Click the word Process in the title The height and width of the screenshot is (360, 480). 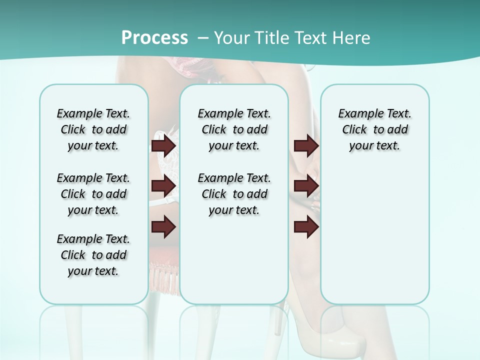154,38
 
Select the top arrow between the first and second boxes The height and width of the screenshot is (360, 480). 163,145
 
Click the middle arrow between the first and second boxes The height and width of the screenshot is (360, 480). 163,186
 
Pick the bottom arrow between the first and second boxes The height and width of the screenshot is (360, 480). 163,227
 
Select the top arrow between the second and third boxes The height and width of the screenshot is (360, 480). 306,145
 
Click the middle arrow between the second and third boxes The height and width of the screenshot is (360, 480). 306,186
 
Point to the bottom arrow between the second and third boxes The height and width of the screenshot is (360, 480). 306,227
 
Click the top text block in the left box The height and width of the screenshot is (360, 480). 93,129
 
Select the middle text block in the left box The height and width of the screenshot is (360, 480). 93,194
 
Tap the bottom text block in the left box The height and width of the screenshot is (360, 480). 93,255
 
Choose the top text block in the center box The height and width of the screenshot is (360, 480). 234,129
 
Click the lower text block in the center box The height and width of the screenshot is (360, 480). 234,194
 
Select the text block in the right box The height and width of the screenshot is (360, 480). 374,129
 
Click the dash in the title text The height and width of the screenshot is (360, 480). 203,38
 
